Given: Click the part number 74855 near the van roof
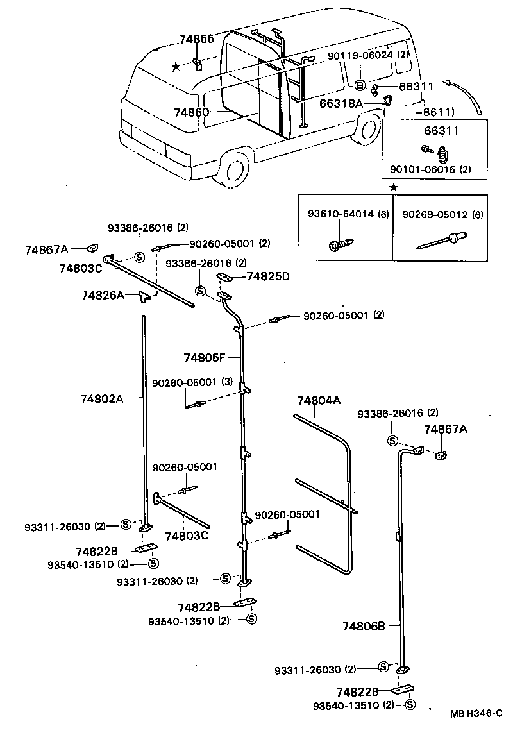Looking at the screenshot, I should [x=196, y=40].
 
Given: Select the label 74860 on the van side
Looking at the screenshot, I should [x=191, y=112].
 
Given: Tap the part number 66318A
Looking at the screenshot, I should [x=342, y=103].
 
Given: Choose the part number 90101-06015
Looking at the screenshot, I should [x=424, y=171].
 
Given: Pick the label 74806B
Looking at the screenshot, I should [x=363, y=626].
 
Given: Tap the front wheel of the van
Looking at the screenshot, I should [x=233, y=169].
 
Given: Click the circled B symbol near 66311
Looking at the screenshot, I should [x=360, y=86].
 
